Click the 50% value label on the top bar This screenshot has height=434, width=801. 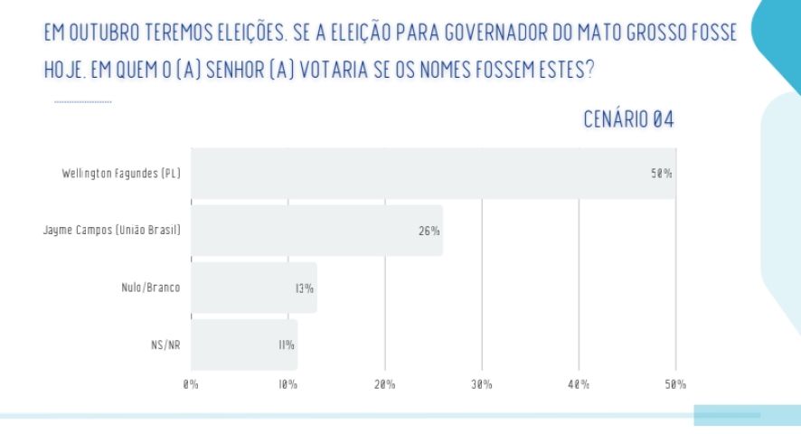662,173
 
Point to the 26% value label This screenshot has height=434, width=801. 429,231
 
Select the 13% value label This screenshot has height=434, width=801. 304,288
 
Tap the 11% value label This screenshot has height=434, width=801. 287,344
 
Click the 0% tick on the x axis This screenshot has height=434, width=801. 191,384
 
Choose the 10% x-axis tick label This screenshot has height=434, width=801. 288,384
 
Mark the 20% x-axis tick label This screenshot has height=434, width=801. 385,384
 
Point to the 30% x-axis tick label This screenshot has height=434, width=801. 482,384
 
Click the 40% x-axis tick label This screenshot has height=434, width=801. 579,384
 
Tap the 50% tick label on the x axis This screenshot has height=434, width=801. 675,384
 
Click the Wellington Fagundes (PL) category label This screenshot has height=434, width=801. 121,173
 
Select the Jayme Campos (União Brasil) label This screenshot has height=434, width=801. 112,231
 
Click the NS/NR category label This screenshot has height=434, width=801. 165,344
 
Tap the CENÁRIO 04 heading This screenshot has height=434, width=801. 629,119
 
